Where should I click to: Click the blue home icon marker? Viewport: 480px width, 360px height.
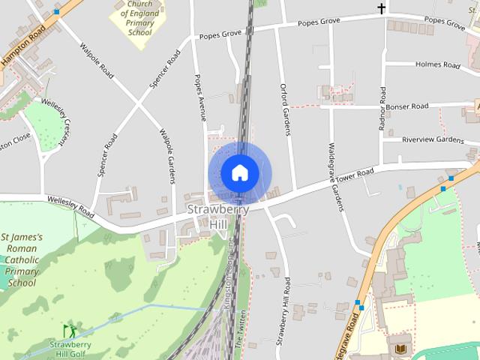point(239,172)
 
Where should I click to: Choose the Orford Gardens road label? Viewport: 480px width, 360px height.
point(285,109)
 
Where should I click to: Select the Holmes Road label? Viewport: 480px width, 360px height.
point(437,65)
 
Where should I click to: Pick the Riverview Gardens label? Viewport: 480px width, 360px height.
point(433,139)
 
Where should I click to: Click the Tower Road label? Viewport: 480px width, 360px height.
point(355,175)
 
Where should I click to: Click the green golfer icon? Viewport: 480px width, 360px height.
point(69,331)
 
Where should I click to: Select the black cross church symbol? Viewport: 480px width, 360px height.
point(381,8)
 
